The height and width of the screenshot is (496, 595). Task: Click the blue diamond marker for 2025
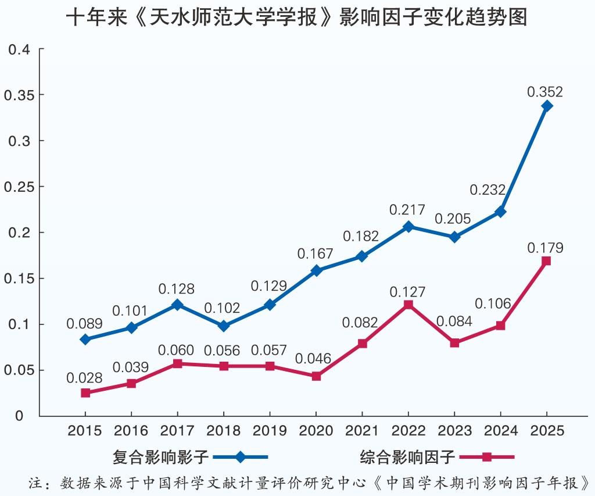[547, 106]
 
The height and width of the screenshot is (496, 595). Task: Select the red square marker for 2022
[408, 304]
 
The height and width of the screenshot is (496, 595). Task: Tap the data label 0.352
[545, 92]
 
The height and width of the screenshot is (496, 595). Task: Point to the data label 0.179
[545, 248]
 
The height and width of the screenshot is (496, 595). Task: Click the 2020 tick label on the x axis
[316, 431]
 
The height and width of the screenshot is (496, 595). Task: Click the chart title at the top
[296, 17]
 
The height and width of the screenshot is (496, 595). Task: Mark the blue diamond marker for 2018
[224, 326]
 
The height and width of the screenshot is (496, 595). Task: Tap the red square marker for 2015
[85, 393]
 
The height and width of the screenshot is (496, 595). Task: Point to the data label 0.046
[313, 359]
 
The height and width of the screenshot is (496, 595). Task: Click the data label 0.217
[407, 210]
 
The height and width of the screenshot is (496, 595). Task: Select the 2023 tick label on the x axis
[454, 431]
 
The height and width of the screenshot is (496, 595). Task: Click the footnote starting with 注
[308, 483]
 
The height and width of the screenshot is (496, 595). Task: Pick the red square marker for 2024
[500, 326]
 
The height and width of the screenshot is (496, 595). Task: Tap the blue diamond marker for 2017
[178, 305]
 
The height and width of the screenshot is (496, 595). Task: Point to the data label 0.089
[84, 324]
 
